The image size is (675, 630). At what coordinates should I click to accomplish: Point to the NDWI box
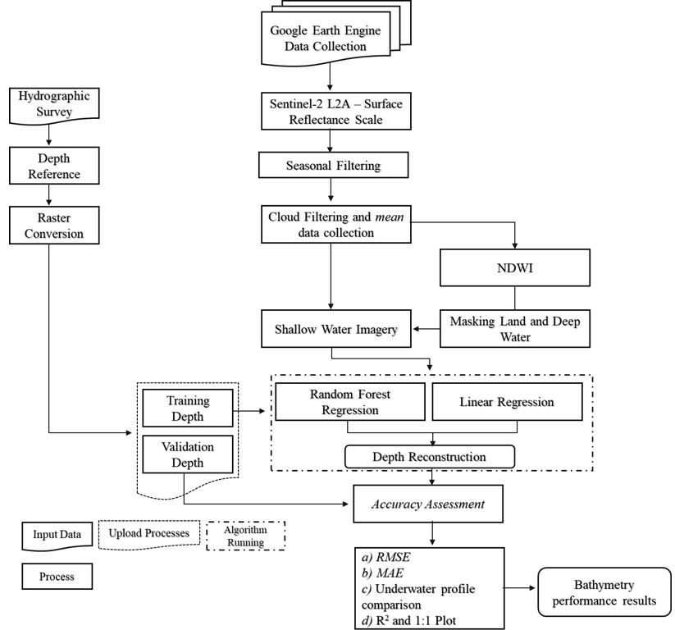(514, 267)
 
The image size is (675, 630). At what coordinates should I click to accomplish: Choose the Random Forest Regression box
(350, 402)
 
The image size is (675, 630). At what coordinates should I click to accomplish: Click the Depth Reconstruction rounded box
(429, 456)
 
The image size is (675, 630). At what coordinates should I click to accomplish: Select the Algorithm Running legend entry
(245, 536)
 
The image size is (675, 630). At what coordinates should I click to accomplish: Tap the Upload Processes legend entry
(149, 534)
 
